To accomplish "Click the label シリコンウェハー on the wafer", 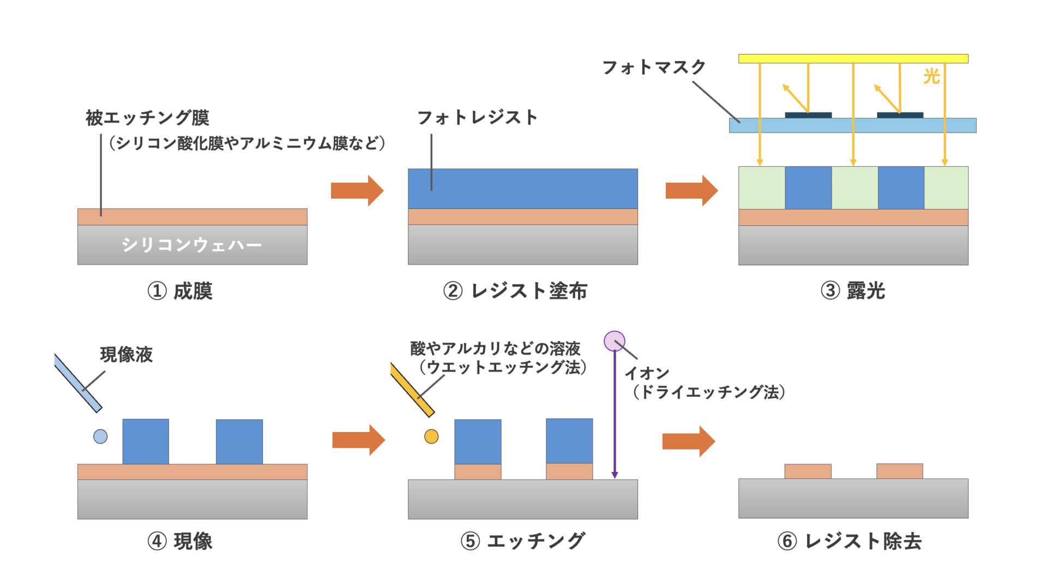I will [191, 245].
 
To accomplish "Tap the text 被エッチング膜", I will [147, 118].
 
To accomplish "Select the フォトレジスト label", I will [477, 117].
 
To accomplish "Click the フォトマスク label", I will [653, 68].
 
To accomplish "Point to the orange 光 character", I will [931, 76].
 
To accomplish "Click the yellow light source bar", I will [853, 58].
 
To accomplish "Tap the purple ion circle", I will [614, 341].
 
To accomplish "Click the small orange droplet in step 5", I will [431, 436].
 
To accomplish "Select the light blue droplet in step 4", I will [100, 436].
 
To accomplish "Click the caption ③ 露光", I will [853, 291].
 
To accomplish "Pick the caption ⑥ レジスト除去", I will [850, 541].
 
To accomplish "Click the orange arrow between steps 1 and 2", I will [357, 190].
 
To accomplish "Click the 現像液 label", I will [127, 355].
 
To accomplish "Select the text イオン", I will [647, 374].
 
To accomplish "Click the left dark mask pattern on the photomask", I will [808, 115].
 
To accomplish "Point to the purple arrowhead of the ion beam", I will [615, 475].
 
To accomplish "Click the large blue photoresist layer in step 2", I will [522, 189].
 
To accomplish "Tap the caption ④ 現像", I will [180, 541].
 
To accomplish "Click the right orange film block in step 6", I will [899, 471].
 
